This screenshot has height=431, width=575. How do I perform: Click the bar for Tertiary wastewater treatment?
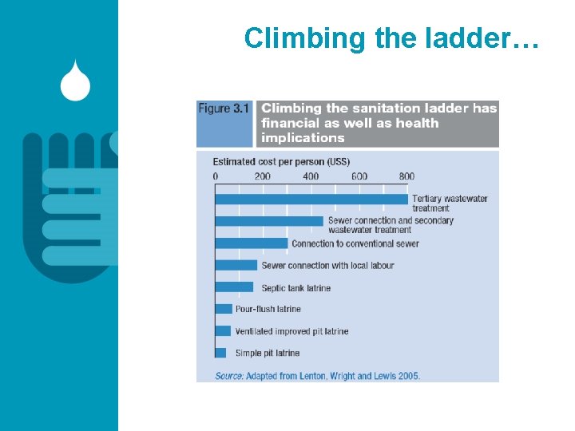311,198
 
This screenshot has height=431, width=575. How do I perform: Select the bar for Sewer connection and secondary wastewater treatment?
269,220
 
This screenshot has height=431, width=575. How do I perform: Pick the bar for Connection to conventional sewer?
252,243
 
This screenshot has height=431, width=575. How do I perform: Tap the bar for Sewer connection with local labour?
236,265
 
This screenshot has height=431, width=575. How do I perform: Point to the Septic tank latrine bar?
234,287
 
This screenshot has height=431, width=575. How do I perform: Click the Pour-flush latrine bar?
224,309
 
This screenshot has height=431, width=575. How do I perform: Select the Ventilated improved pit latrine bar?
223,330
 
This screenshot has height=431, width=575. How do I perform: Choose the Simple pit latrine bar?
220,353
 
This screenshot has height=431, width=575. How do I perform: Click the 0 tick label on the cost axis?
215,176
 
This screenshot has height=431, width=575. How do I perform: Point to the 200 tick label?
263,176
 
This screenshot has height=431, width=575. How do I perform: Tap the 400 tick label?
311,176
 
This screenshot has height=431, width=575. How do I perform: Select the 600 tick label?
359,176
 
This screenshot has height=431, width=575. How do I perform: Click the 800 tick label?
406,176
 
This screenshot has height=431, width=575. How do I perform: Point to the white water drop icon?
75,81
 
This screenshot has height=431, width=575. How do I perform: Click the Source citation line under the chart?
317,375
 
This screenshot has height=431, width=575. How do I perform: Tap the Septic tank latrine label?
295,288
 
